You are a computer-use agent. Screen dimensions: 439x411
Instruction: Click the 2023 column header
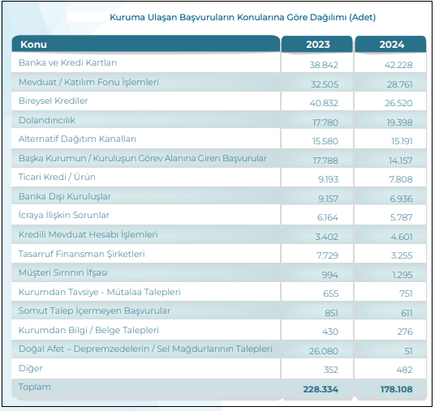[x=318, y=45]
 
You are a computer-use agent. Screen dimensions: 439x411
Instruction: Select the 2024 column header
[x=392, y=45]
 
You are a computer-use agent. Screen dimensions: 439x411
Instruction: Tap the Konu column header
[x=33, y=45]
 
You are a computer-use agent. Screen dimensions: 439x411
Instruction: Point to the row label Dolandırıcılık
[x=47, y=120]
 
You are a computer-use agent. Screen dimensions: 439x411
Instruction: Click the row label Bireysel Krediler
[x=54, y=101]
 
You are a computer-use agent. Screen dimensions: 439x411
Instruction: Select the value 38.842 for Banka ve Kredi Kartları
[x=324, y=65]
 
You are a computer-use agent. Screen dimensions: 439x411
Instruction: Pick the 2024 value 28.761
[x=399, y=84]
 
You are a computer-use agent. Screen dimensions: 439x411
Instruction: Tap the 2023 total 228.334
[x=321, y=389]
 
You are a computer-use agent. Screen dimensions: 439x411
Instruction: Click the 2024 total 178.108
[x=396, y=389]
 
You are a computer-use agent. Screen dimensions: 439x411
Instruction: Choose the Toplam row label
[x=35, y=387]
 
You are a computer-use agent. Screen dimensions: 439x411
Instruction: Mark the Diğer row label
[x=31, y=368]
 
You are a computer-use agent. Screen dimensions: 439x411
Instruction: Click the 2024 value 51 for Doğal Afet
[x=408, y=351]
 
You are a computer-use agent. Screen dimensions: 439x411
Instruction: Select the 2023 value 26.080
[x=324, y=351]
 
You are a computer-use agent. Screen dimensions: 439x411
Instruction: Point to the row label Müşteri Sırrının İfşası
[x=63, y=272]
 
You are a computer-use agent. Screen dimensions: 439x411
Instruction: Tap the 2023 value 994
[x=329, y=275]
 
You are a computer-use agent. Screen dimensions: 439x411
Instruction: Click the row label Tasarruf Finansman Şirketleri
[x=81, y=254]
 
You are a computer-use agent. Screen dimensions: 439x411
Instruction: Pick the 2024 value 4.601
[x=402, y=237]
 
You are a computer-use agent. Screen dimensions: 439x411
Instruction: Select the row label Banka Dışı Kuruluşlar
[x=65, y=196]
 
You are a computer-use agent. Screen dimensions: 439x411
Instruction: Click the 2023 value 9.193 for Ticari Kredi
[x=328, y=179]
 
